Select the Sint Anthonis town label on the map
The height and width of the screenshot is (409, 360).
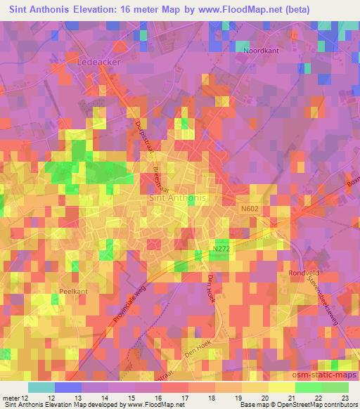[x=178, y=198]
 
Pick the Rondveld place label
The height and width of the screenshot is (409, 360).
[x=304, y=273]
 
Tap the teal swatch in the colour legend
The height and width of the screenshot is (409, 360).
[x=41, y=387]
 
